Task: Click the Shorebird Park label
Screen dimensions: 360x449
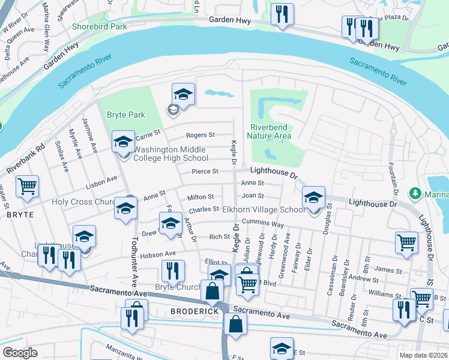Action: (99, 26)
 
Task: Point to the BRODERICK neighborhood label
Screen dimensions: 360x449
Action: (193, 311)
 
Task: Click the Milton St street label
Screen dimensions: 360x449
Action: (201, 197)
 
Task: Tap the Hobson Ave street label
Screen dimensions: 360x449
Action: (157, 254)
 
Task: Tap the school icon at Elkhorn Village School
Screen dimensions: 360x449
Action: (313, 197)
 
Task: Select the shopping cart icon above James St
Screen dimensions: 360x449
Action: (406, 242)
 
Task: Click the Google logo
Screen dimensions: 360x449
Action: (20, 353)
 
